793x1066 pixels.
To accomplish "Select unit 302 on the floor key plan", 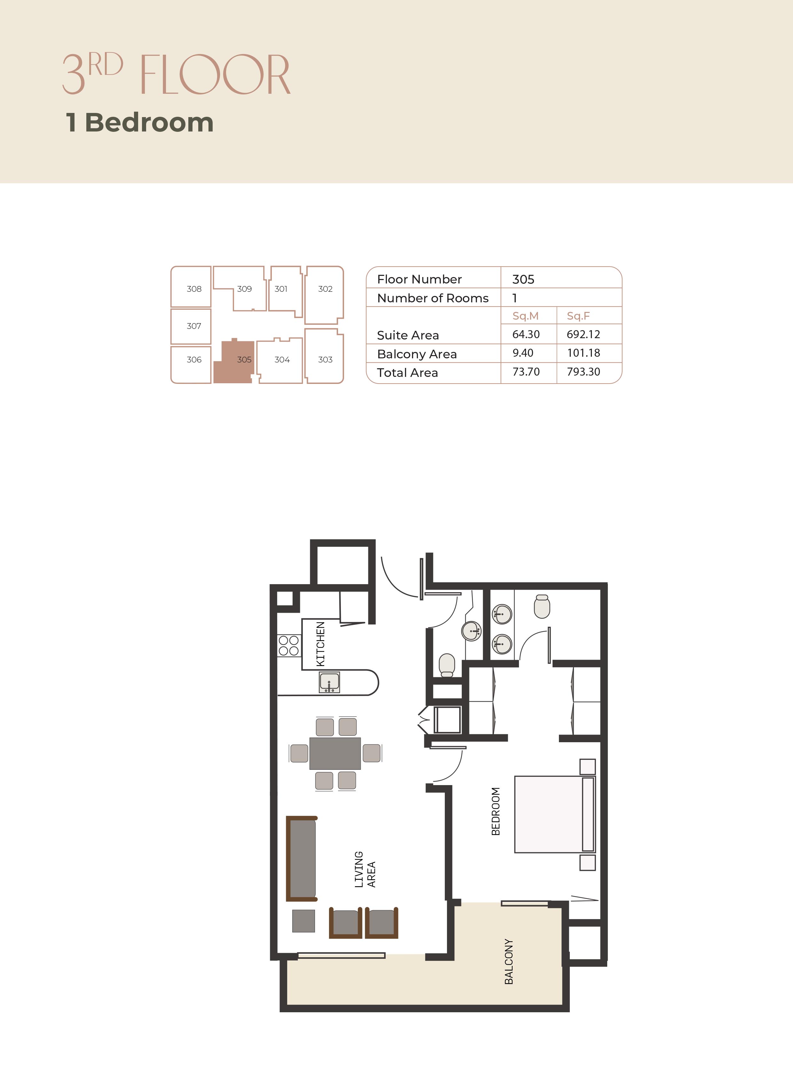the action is coord(325,295).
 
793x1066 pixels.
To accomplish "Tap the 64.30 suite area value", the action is coord(526,334).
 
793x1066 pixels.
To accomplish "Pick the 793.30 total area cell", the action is coord(583,372).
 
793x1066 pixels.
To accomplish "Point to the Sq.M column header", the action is coord(526,316).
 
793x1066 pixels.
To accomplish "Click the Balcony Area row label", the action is coord(417,354).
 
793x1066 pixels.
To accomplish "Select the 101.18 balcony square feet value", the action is coord(583,353).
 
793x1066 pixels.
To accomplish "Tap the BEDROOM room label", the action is coord(496,811).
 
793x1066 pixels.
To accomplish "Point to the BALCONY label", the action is coord(509,962).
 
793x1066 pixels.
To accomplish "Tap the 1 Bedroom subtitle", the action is coord(140,123).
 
